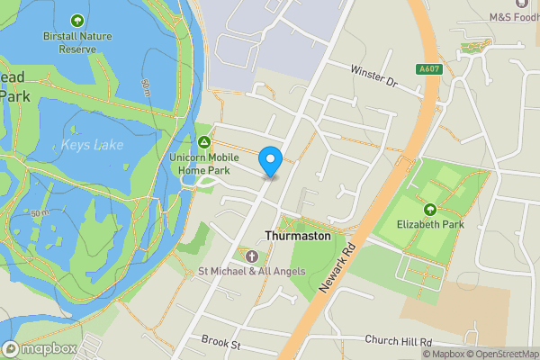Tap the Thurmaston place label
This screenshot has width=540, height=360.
pyautogui.click(x=298, y=236)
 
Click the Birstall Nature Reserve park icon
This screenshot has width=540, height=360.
pyautogui.click(x=76, y=20)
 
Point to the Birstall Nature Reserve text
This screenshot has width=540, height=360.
pyautogui.click(x=69, y=42)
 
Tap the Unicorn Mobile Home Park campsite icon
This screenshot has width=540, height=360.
pyautogui.click(x=204, y=142)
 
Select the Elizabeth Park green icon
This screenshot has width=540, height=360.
pyautogui.click(x=427, y=210)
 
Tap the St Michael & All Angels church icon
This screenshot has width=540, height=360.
pyautogui.click(x=249, y=256)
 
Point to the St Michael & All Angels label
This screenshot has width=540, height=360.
pyautogui.click(x=251, y=271)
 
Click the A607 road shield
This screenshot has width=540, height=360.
pyautogui.click(x=427, y=69)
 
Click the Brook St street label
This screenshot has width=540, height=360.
pyautogui.click(x=222, y=344)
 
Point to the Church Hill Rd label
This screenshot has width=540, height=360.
pyautogui.click(x=399, y=341)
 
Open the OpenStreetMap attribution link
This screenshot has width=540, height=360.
pyautogui.click(x=502, y=354)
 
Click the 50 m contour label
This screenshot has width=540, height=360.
pyautogui.click(x=39, y=212)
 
